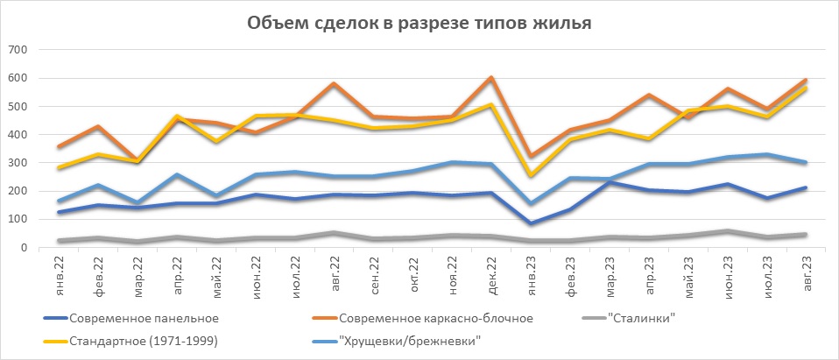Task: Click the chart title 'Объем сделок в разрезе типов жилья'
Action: point(419,23)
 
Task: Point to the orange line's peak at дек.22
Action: point(490,78)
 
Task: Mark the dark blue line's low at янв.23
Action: point(530,223)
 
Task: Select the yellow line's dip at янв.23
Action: point(530,175)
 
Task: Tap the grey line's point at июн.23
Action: point(728,231)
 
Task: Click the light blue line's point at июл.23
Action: point(767,155)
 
